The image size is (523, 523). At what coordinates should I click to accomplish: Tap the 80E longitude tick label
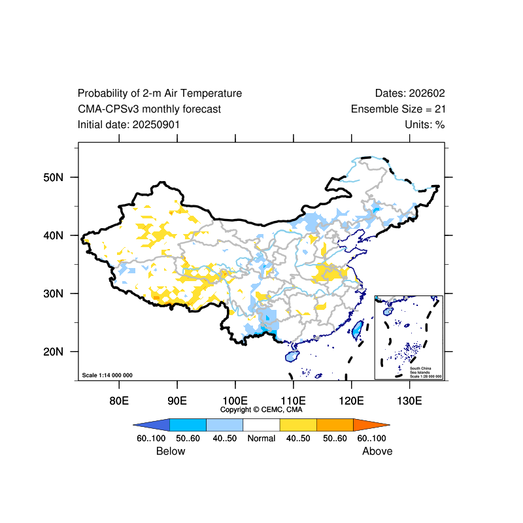pos(118,400)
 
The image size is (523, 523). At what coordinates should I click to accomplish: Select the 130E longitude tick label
pos(409,400)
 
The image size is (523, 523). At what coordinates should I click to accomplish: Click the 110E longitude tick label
pos(293,400)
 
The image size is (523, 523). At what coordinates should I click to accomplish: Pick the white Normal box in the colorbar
pos(261,424)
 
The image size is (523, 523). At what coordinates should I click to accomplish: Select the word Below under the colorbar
pos(171,451)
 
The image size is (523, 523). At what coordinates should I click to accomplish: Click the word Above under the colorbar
pos(377,451)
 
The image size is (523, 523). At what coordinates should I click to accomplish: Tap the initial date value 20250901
pos(156,124)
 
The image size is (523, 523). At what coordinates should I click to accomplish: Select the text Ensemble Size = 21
pos(398,109)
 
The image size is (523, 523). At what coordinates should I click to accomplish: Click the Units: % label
pos(425,124)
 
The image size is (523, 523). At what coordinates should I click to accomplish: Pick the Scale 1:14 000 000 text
pos(107,375)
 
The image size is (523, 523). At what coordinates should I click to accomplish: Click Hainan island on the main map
pos(292,356)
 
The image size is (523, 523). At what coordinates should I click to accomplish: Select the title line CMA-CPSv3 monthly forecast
pos(149,109)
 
